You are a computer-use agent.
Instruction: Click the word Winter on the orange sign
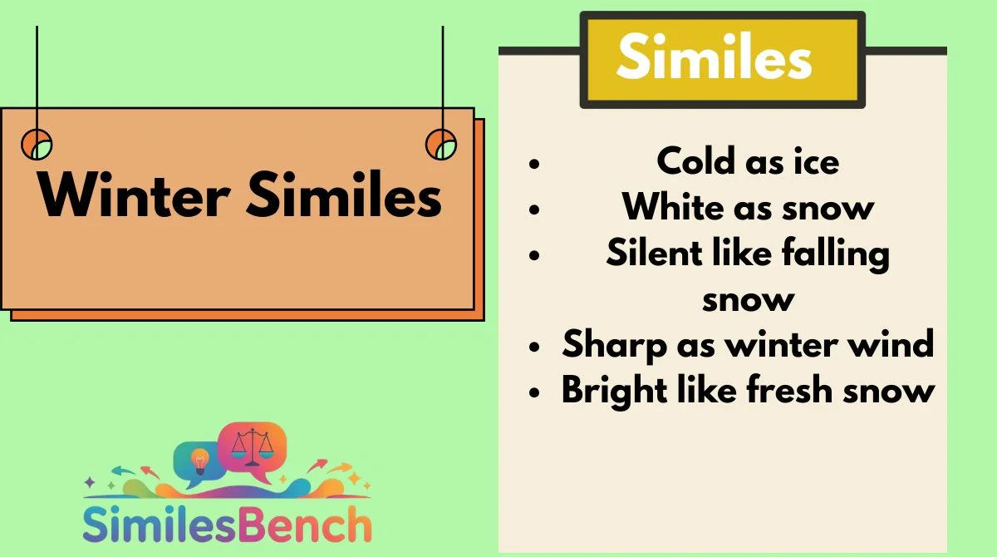tap(135, 195)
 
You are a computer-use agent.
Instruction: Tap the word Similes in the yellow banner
tap(715, 56)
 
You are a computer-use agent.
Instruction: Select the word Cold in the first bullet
tap(695, 160)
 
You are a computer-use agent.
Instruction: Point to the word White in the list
tap(673, 207)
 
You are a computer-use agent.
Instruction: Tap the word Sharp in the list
tap(614, 345)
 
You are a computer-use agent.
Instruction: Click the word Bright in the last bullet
tap(614, 391)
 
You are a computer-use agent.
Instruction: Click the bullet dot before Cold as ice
tap(534, 164)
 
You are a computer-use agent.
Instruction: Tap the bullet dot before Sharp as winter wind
tap(534, 347)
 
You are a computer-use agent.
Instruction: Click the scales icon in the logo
tap(253, 447)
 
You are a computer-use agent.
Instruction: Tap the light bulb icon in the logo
tap(199, 461)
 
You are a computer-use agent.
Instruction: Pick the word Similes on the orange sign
tap(344, 195)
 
